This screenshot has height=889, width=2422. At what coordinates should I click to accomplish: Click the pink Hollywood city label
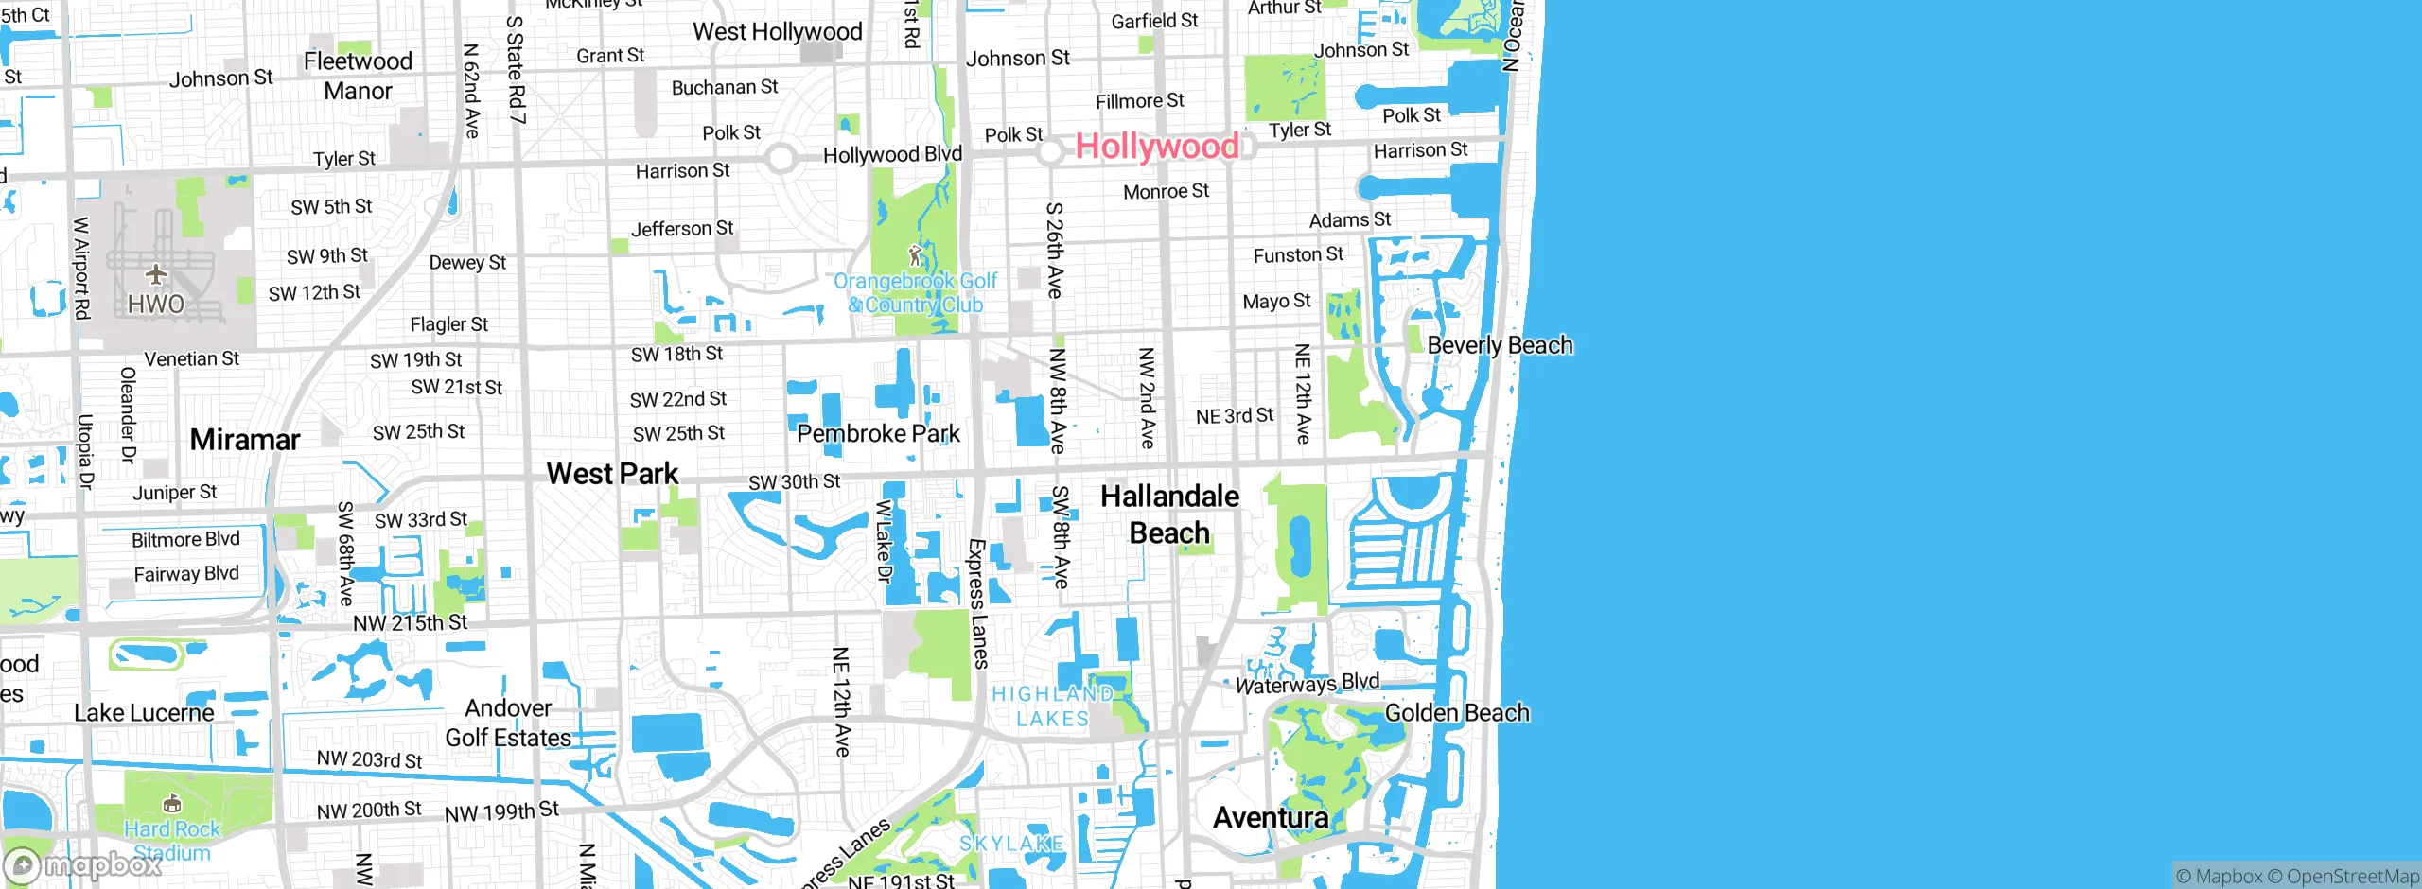(x=1156, y=147)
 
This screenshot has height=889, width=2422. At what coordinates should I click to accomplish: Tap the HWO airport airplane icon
(x=156, y=275)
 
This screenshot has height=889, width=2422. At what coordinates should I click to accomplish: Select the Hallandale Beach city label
(x=1169, y=514)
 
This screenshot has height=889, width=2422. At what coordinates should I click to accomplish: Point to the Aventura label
(x=1271, y=818)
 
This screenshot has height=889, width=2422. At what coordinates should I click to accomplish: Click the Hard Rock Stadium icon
(x=171, y=804)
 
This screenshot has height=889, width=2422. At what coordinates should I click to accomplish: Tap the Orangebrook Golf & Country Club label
(x=915, y=293)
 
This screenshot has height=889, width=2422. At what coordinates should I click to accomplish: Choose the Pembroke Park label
(x=878, y=434)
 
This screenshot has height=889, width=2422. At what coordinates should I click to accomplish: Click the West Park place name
(x=612, y=474)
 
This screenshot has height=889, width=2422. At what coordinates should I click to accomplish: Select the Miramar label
(x=244, y=440)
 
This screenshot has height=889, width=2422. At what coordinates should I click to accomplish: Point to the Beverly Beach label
(x=1500, y=346)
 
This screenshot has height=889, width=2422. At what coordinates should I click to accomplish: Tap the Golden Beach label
(x=1457, y=713)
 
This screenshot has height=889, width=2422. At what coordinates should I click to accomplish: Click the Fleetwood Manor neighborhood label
(x=358, y=77)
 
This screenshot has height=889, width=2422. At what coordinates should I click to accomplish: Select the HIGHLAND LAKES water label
(x=1052, y=706)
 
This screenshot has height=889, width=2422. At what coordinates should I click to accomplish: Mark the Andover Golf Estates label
(x=508, y=723)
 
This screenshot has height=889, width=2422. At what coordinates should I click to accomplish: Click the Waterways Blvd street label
(x=1307, y=683)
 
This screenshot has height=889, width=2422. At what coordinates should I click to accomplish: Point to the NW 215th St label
(x=410, y=623)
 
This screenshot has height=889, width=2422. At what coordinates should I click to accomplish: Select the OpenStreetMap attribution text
(x=2352, y=877)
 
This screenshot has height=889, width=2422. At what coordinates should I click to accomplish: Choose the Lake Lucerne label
(x=144, y=713)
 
